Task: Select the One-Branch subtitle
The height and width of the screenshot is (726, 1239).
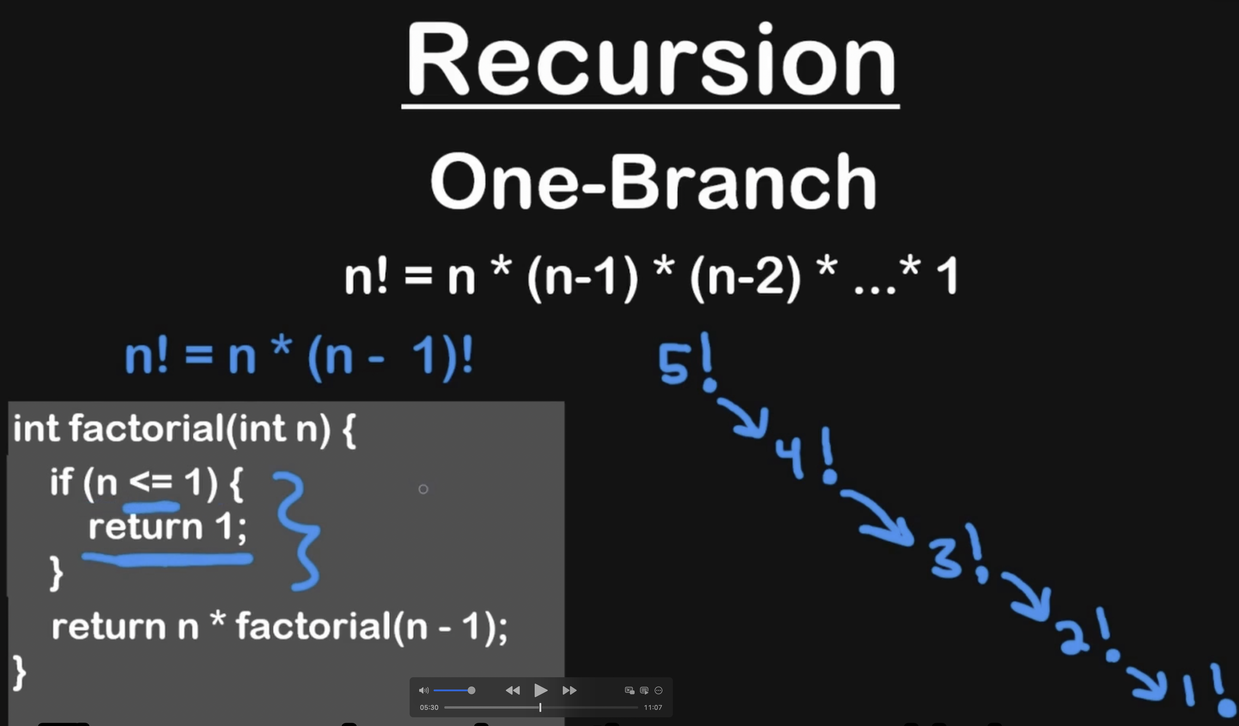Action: coord(653,182)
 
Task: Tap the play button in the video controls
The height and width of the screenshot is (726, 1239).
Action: coord(540,690)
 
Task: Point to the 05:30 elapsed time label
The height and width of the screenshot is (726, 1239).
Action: coord(429,707)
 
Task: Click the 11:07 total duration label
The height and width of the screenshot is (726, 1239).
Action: coord(653,707)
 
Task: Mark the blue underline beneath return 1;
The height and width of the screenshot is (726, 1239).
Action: coord(167,559)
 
